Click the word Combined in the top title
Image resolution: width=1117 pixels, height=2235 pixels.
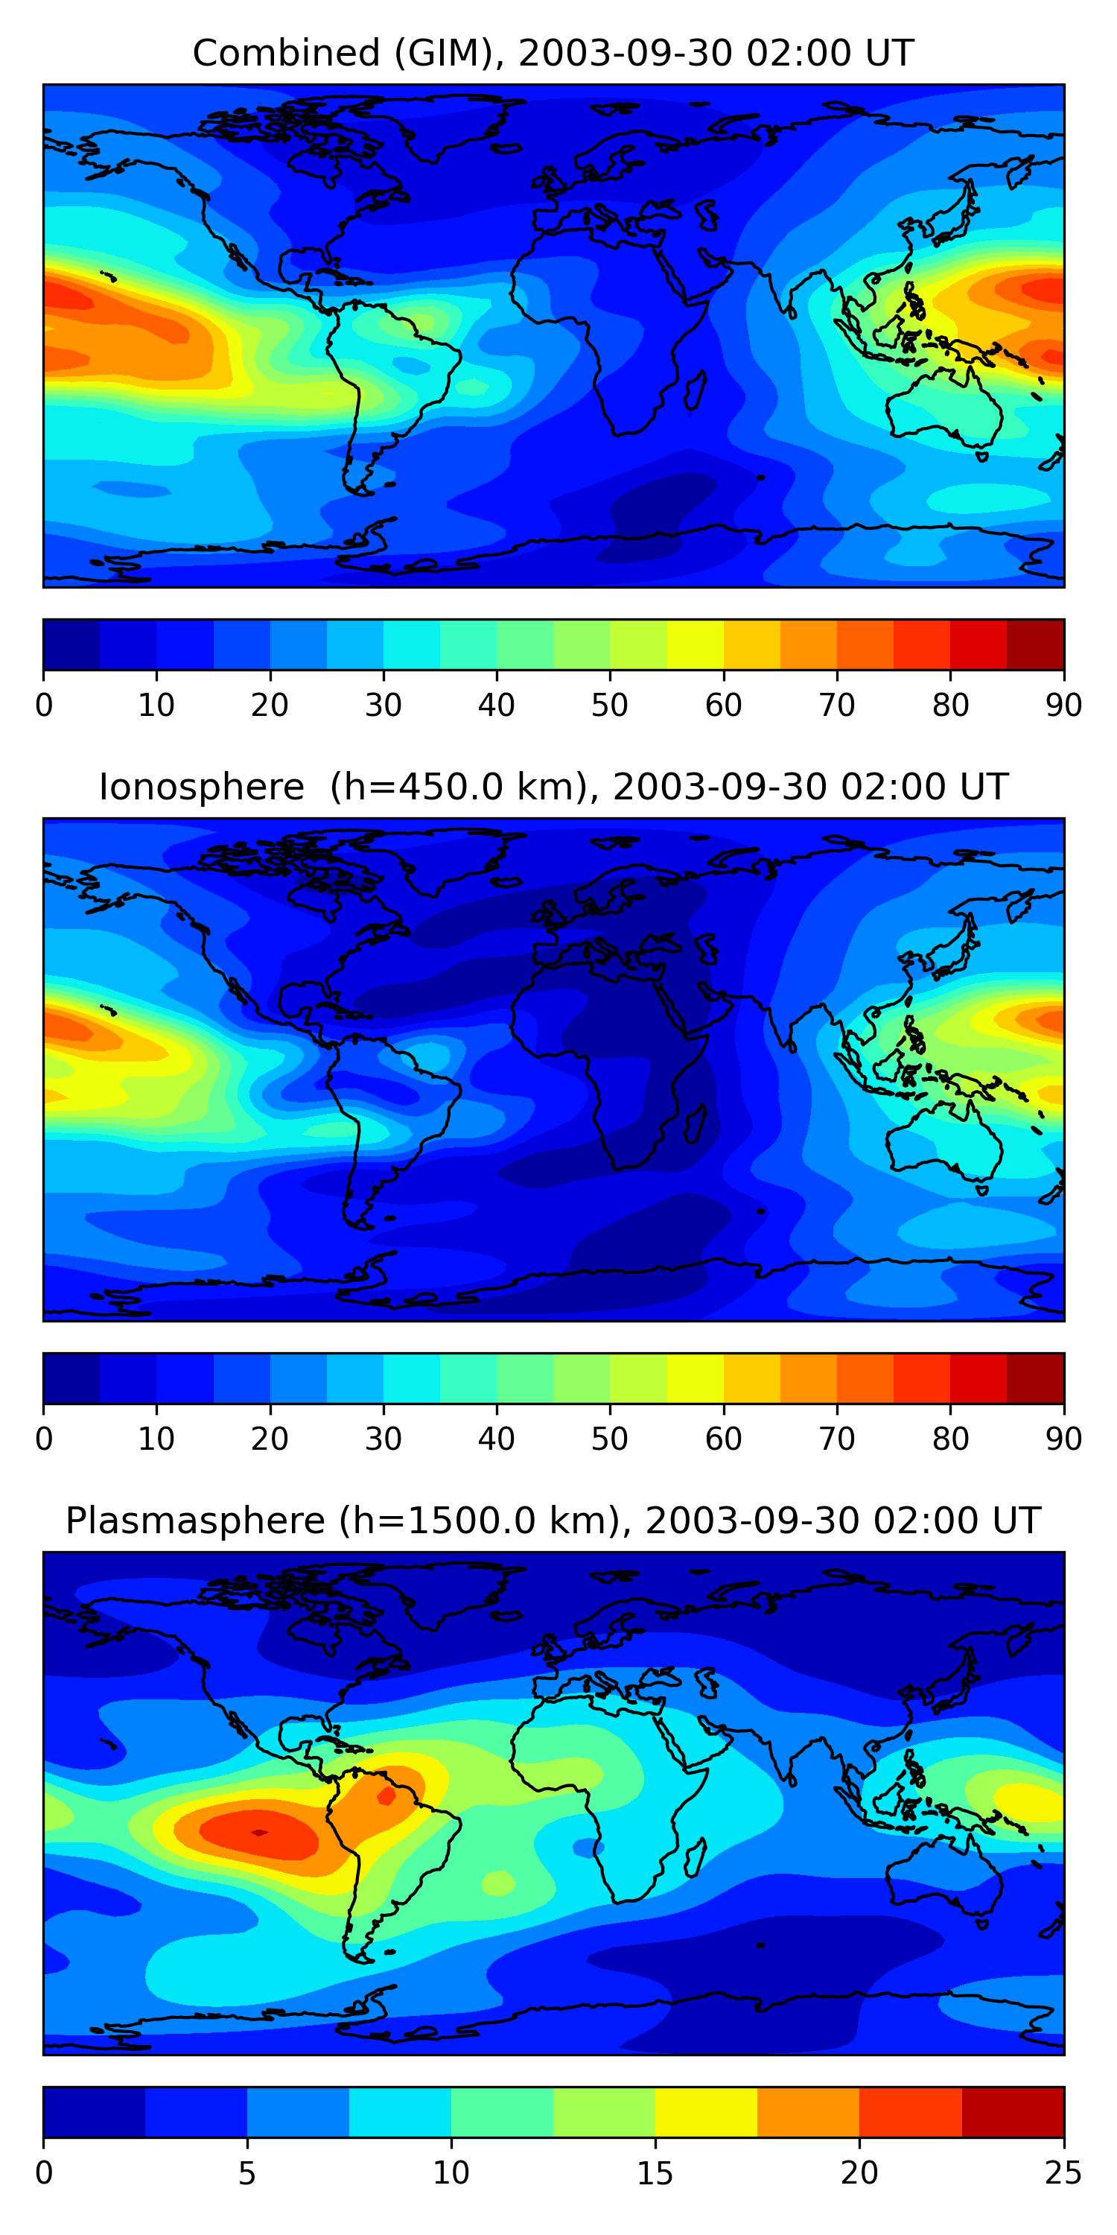285,54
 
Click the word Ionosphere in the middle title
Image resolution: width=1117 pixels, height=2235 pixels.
201,787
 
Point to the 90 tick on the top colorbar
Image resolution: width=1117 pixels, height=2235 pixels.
1063,705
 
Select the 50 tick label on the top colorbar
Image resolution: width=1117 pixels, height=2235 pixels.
610,705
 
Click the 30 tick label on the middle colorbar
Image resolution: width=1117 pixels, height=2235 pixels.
383,1439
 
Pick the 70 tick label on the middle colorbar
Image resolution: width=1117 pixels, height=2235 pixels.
837,1439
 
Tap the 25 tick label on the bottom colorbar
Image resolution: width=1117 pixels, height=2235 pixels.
1063,2172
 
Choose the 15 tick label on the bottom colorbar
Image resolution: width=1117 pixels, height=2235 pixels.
655,2172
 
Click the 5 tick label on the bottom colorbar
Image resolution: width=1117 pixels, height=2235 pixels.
247,2172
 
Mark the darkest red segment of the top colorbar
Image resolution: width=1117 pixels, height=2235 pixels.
1036,644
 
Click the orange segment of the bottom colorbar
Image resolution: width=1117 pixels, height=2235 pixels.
808,2113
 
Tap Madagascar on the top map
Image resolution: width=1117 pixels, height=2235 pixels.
695,390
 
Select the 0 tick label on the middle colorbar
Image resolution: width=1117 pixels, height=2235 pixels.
44,1439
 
